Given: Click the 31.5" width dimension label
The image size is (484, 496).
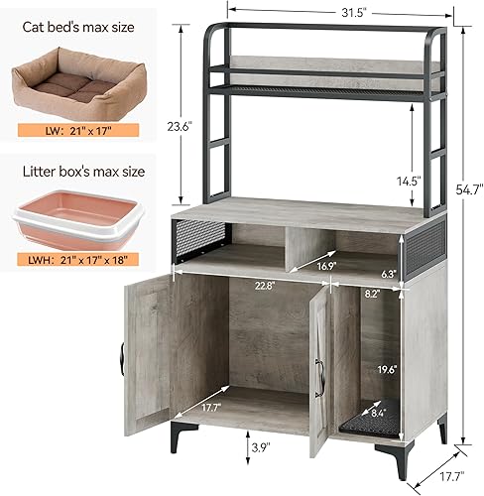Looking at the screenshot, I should click(320, 12).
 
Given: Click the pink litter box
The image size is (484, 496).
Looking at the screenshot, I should click(69, 222).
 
